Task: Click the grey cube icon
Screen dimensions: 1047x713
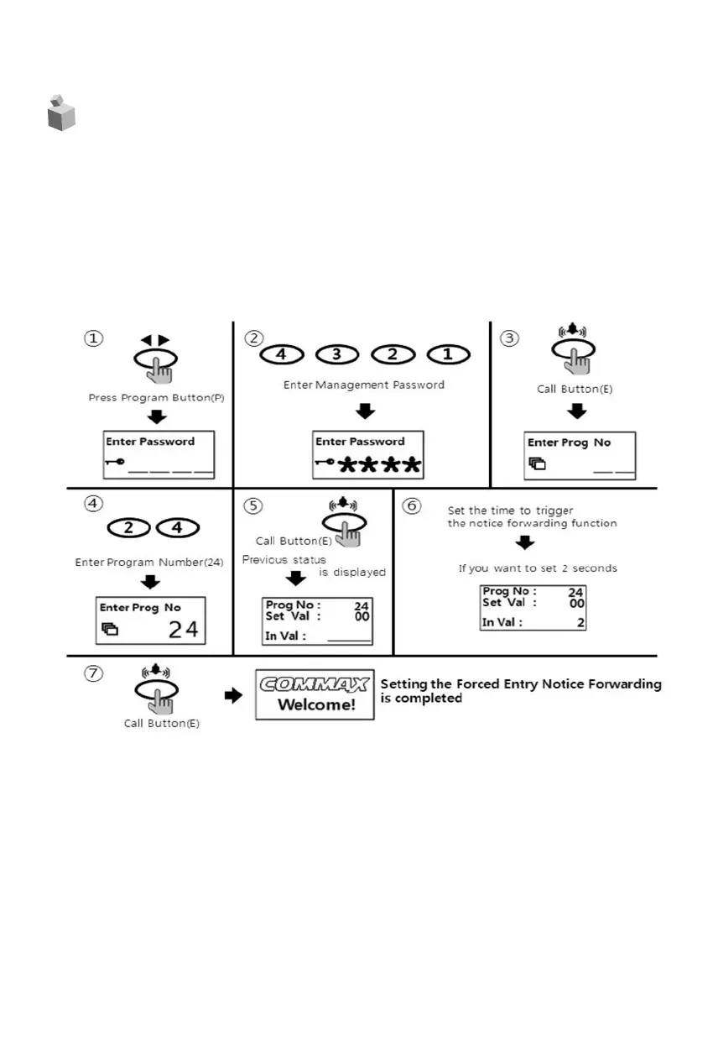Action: (x=61, y=113)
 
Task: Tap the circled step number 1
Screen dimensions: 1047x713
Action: (x=92, y=338)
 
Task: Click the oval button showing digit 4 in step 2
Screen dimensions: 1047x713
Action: (x=281, y=354)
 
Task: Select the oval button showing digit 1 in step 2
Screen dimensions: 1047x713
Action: (x=447, y=354)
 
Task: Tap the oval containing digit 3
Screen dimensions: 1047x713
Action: (x=336, y=354)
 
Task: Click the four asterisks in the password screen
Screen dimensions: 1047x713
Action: (x=379, y=465)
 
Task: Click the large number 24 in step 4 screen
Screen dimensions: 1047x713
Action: (x=183, y=629)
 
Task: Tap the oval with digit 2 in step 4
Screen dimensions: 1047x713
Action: (x=129, y=529)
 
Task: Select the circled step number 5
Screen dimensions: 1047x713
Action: (x=252, y=506)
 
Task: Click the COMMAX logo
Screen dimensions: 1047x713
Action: (x=315, y=684)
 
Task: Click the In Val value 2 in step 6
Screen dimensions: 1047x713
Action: (x=580, y=623)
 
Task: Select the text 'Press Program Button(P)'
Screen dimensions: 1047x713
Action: (x=156, y=397)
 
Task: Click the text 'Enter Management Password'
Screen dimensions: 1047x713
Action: (x=362, y=385)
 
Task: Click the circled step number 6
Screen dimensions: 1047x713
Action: (x=411, y=506)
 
